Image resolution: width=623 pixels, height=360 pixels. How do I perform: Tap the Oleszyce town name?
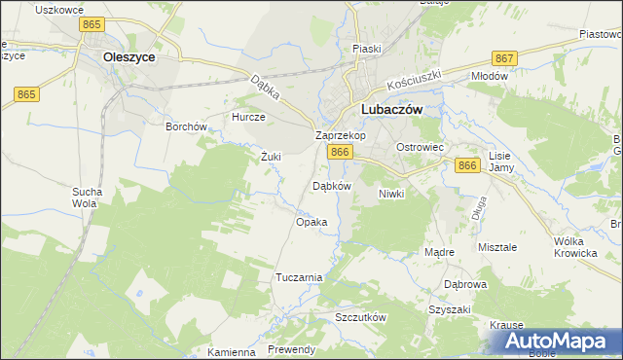pyautogui.click(x=129, y=57)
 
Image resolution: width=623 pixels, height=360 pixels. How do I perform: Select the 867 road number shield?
pyautogui.click(x=504, y=58)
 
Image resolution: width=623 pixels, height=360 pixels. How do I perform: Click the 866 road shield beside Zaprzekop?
pyautogui.click(x=339, y=153)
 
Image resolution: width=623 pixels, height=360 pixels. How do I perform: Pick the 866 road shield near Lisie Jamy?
pyautogui.click(x=467, y=166)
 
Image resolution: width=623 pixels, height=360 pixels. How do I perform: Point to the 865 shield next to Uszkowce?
pyautogui.click(x=93, y=23)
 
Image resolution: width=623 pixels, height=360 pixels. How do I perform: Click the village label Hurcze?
pyautogui.click(x=247, y=116)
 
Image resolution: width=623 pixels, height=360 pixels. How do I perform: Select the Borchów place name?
pyautogui.click(x=186, y=126)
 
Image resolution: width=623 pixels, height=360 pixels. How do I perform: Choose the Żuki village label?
pyautogui.click(x=271, y=156)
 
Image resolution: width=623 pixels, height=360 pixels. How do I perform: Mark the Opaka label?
pyautogui.click(x=311, y=222)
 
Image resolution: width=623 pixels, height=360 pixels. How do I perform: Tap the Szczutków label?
pyautogui.click(x=361, y=318)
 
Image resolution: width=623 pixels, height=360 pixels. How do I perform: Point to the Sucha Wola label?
pyautogui.click(x=86, y=198)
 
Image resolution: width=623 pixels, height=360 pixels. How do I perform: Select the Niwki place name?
pyautogui.click(x=390, y=194)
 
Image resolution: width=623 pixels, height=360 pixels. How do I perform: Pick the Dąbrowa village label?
pyautogui.click(x=465, y=285)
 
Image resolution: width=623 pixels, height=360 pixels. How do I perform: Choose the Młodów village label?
pyautogui.click(x=490, y=76)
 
